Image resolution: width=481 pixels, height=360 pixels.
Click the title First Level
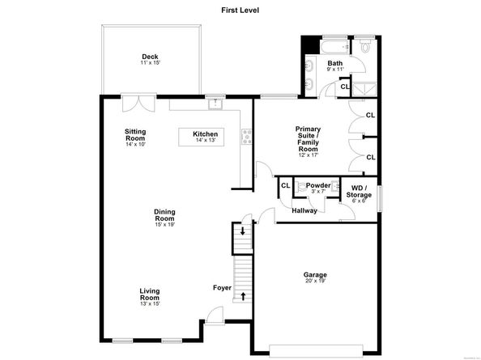point(240,10)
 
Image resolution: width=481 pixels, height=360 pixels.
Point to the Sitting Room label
point(135,136)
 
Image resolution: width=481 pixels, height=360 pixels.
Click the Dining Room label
point(165,217)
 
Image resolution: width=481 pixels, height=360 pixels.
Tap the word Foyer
point(223,287)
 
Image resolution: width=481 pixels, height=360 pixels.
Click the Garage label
point(316,277)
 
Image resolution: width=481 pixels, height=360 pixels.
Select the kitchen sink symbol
point(214,102)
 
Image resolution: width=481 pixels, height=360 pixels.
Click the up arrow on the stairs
point(243,295)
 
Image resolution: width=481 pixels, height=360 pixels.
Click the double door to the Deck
point(138,104)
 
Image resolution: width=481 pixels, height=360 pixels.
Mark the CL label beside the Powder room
point(285,186)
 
